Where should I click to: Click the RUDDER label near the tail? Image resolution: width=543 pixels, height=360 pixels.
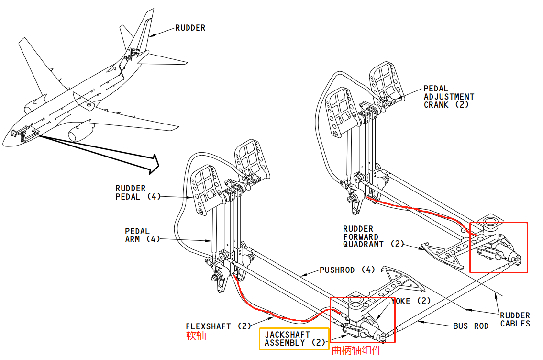[190, 28]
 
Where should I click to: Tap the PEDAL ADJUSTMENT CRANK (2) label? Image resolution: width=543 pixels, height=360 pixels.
[449, 97]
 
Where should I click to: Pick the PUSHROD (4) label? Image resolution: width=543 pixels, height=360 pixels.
[344, 270]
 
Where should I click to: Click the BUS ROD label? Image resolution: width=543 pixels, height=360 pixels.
[471, 326]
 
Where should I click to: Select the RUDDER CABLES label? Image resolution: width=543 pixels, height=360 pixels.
[515, 320]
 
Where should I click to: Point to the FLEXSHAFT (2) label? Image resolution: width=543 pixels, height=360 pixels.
[218, 326]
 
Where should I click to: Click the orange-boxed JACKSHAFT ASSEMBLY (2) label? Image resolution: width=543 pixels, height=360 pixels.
[294, 338]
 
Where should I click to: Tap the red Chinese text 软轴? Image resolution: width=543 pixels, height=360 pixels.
[196, 336]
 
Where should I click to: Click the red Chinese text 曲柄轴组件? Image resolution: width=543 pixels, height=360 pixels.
[357, 351]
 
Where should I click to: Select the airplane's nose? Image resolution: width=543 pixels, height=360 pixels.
[6, 142]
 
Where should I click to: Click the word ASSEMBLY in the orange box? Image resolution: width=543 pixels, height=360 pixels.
[285, 343]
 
